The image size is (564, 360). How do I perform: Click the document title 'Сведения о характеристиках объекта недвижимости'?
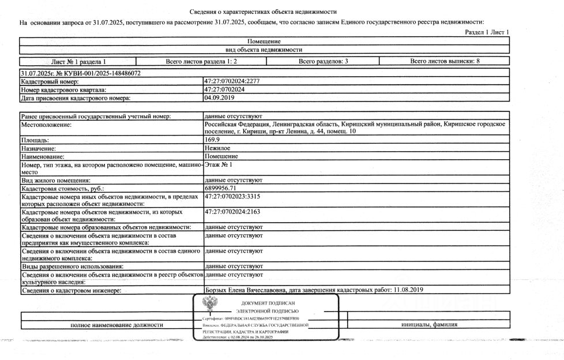click(x=263, y=12)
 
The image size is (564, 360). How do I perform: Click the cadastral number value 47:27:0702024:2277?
click(x=232, y=81)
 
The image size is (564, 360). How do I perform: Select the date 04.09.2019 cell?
click(x=217, y=97)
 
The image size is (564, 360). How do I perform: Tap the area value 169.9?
click(x=212, y=140)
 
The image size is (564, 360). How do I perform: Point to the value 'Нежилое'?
click(x=217, y=148)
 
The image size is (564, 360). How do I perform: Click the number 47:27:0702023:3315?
click(x=232, y=197)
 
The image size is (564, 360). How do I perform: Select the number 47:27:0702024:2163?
click(x=232, y=212)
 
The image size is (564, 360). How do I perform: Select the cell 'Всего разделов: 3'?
click(x=323, y=61)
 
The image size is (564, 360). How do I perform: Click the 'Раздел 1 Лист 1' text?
click(x=487, y=32)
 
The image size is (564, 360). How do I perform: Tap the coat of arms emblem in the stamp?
click(x=210, y=303)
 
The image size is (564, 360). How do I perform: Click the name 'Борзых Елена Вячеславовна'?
click(x=246, y=290)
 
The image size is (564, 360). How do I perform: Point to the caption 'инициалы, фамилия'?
click(x=430, y=324)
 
